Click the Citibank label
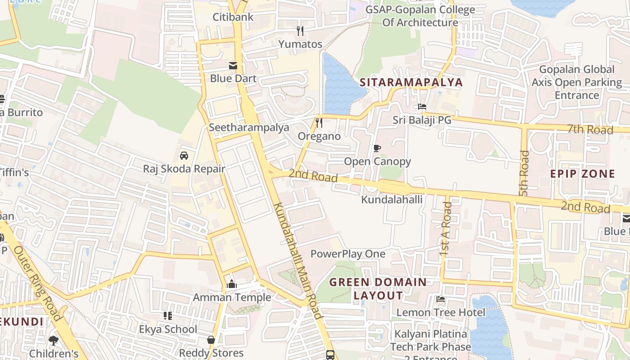[x=233, y=17]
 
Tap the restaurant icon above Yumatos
[x=300, y=31]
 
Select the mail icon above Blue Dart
[x=233, y=66]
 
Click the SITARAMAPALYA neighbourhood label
[x=411, y=82]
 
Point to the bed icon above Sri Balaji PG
[x=422, y=107]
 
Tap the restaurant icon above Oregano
[x=319, y=123]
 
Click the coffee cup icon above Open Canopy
[x=377, y=148]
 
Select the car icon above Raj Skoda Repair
[x=184, y=156]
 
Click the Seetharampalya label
[x=249, y=127]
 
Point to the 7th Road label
[x=590, y=130]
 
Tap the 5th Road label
[x=524, y=173]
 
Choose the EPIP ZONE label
[x=583, y=174]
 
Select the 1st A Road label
[x=446, y=229]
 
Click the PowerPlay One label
[x=348, y=254]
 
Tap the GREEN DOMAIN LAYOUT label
[x=378, y=288]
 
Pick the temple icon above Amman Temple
[x=232, y=284]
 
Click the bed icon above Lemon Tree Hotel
[x=441, y=299]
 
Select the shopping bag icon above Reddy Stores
[x=211, y=340]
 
